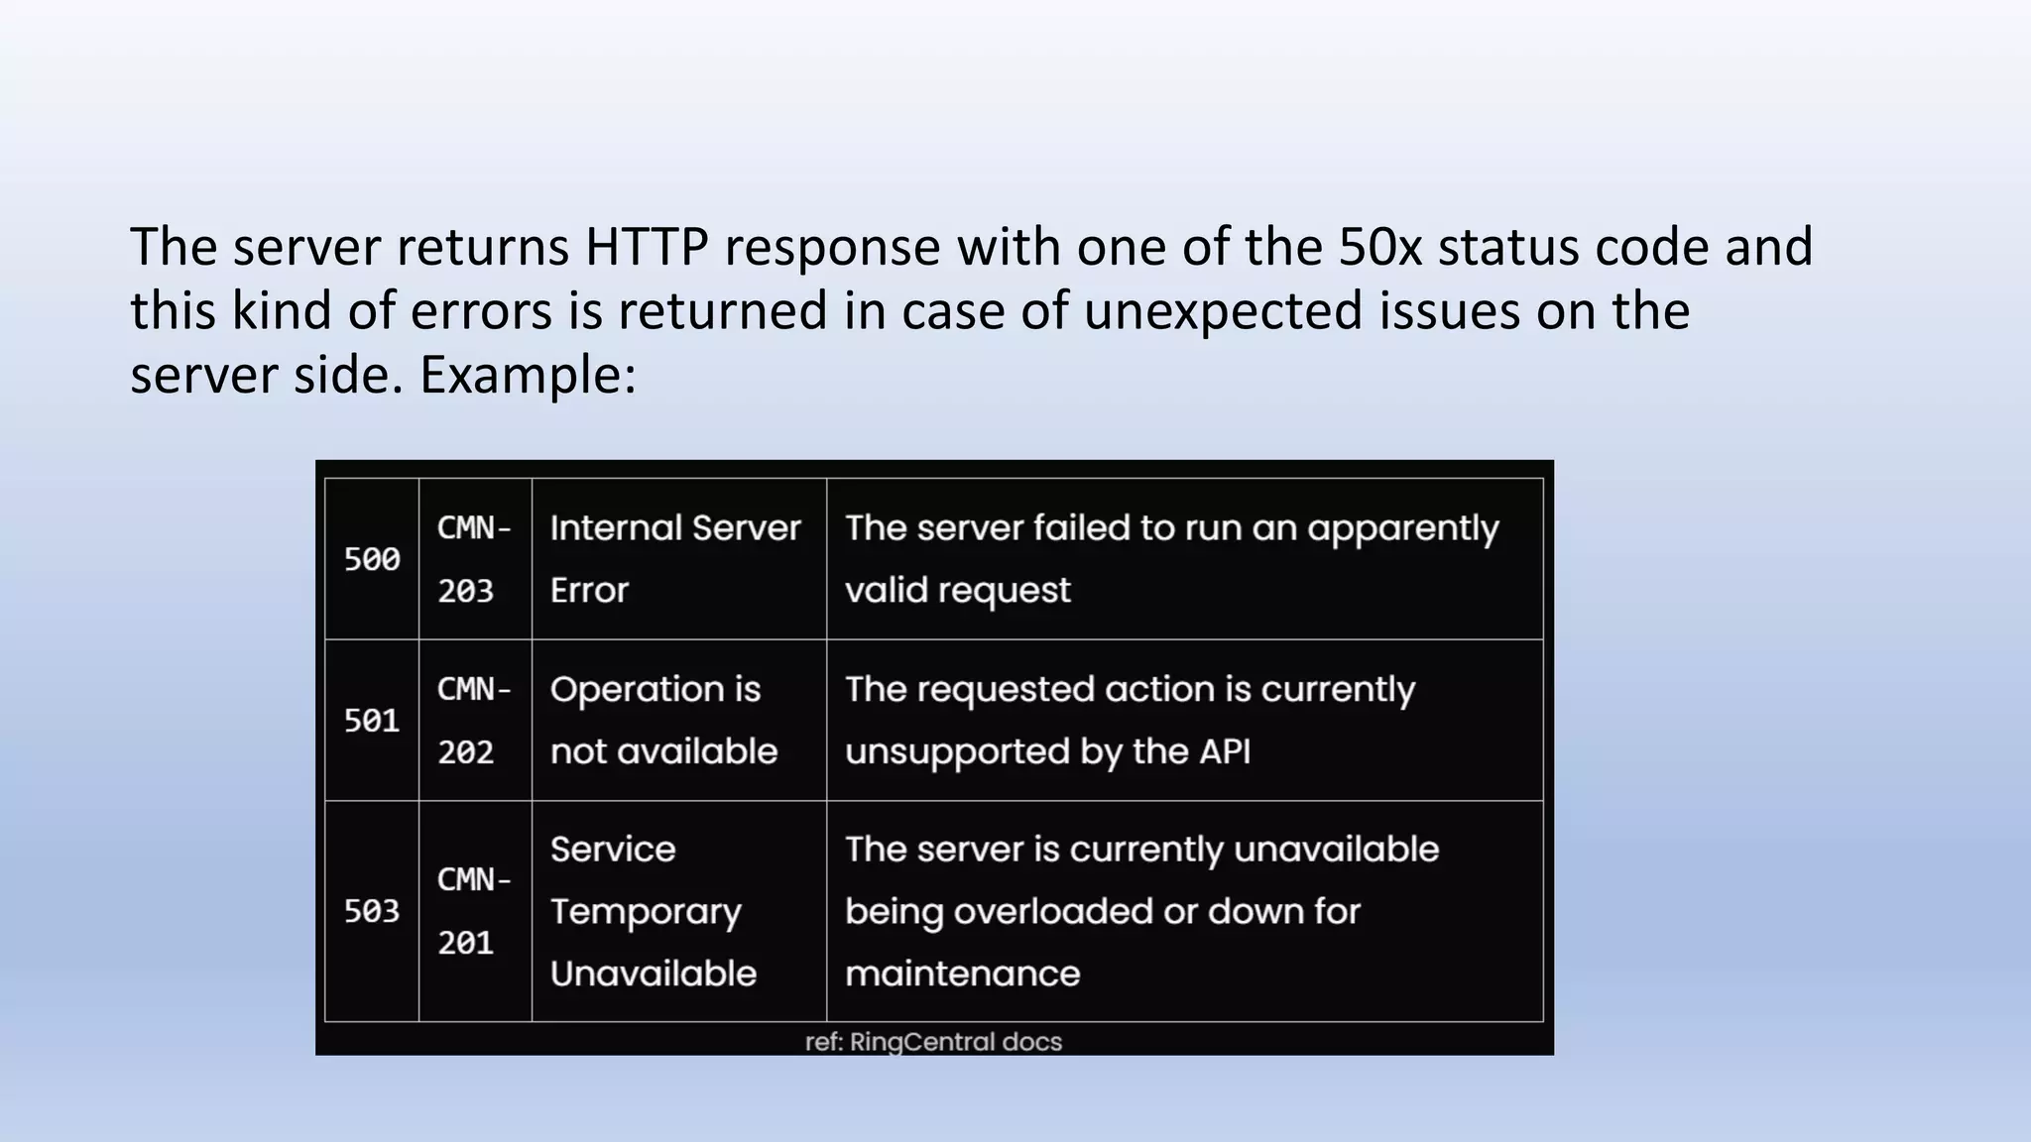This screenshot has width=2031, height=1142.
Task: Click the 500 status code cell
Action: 372,559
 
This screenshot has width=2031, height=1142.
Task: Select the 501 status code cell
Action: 372,721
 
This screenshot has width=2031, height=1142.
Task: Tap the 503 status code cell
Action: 372,911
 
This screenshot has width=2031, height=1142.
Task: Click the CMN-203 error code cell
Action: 474,559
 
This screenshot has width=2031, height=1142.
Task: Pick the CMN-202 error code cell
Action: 474,721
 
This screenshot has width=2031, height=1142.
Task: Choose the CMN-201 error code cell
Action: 474,911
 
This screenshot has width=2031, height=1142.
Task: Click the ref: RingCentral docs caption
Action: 933,1042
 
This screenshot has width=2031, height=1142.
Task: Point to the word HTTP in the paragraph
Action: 646,247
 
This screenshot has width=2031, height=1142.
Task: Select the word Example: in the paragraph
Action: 527,376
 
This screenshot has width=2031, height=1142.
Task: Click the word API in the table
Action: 1225,751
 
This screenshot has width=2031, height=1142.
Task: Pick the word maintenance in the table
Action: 962,973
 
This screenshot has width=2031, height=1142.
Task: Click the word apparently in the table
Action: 1402,529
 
